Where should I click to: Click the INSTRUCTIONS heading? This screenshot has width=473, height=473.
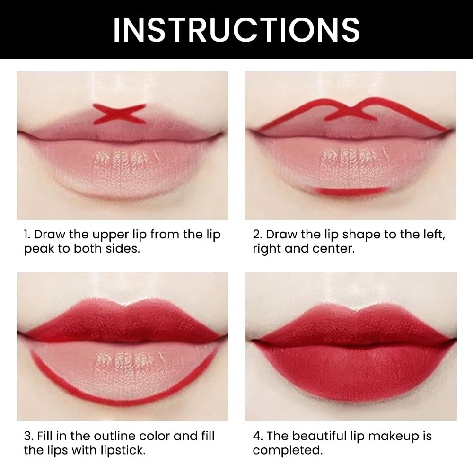coord(236,29)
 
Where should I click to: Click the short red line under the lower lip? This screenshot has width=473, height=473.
coord(351,191)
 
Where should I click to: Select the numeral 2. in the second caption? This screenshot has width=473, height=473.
coord(257,235)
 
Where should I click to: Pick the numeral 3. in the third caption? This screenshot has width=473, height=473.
coord(28,436)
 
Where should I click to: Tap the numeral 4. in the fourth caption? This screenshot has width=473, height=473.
coord(258,436)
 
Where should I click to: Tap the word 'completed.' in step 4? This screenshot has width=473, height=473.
coord(288,450)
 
